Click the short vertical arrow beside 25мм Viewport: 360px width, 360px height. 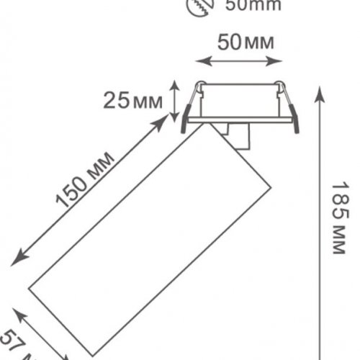tap(174, 99)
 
